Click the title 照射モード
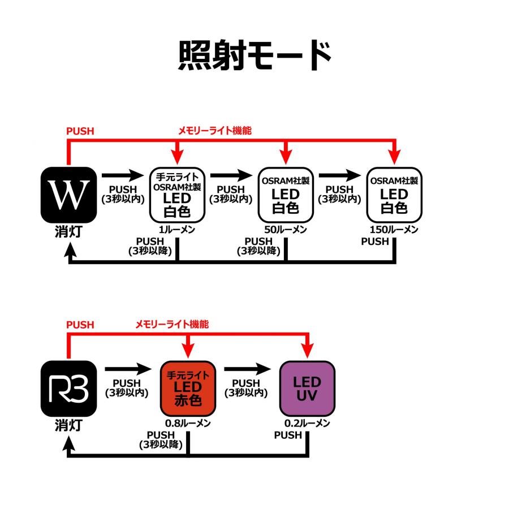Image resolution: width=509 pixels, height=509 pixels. coord(255,55)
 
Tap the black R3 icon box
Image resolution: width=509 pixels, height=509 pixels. coord(69,388)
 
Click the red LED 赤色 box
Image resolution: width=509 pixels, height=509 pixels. coord(188,388)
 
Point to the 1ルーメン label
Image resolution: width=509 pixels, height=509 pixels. coord(178,230)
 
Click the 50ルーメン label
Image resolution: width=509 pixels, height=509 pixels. coord(286,230)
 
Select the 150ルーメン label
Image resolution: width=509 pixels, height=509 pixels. coord(394,230)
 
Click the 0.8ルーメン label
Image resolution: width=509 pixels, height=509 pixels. coord(188,424)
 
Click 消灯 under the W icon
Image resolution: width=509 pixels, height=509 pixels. coord(69,232)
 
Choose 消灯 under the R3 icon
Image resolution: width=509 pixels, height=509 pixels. coord(69,426)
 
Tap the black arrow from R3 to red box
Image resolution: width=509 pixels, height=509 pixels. coord(128,368)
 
